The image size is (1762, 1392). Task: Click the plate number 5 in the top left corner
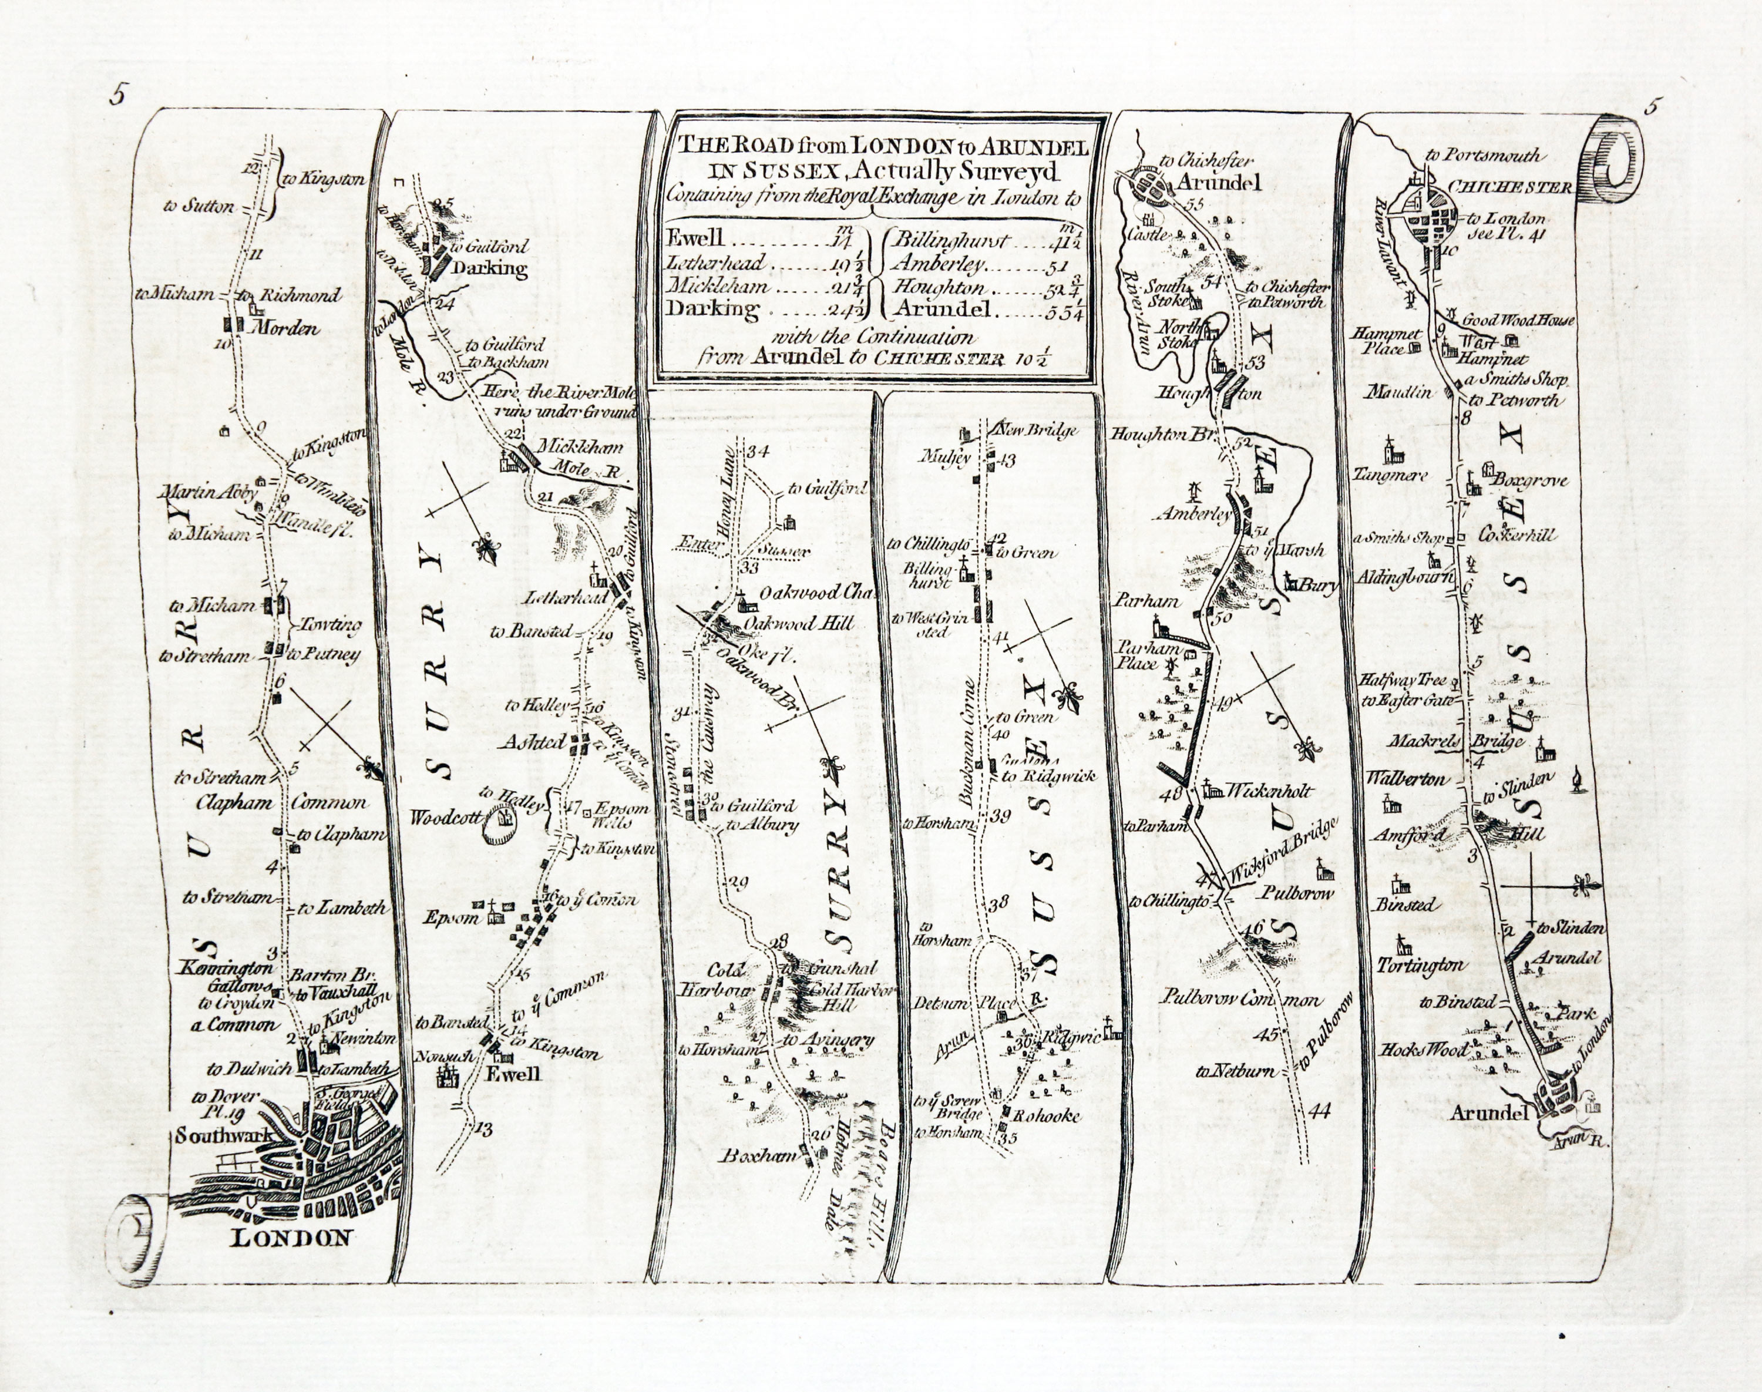119,96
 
